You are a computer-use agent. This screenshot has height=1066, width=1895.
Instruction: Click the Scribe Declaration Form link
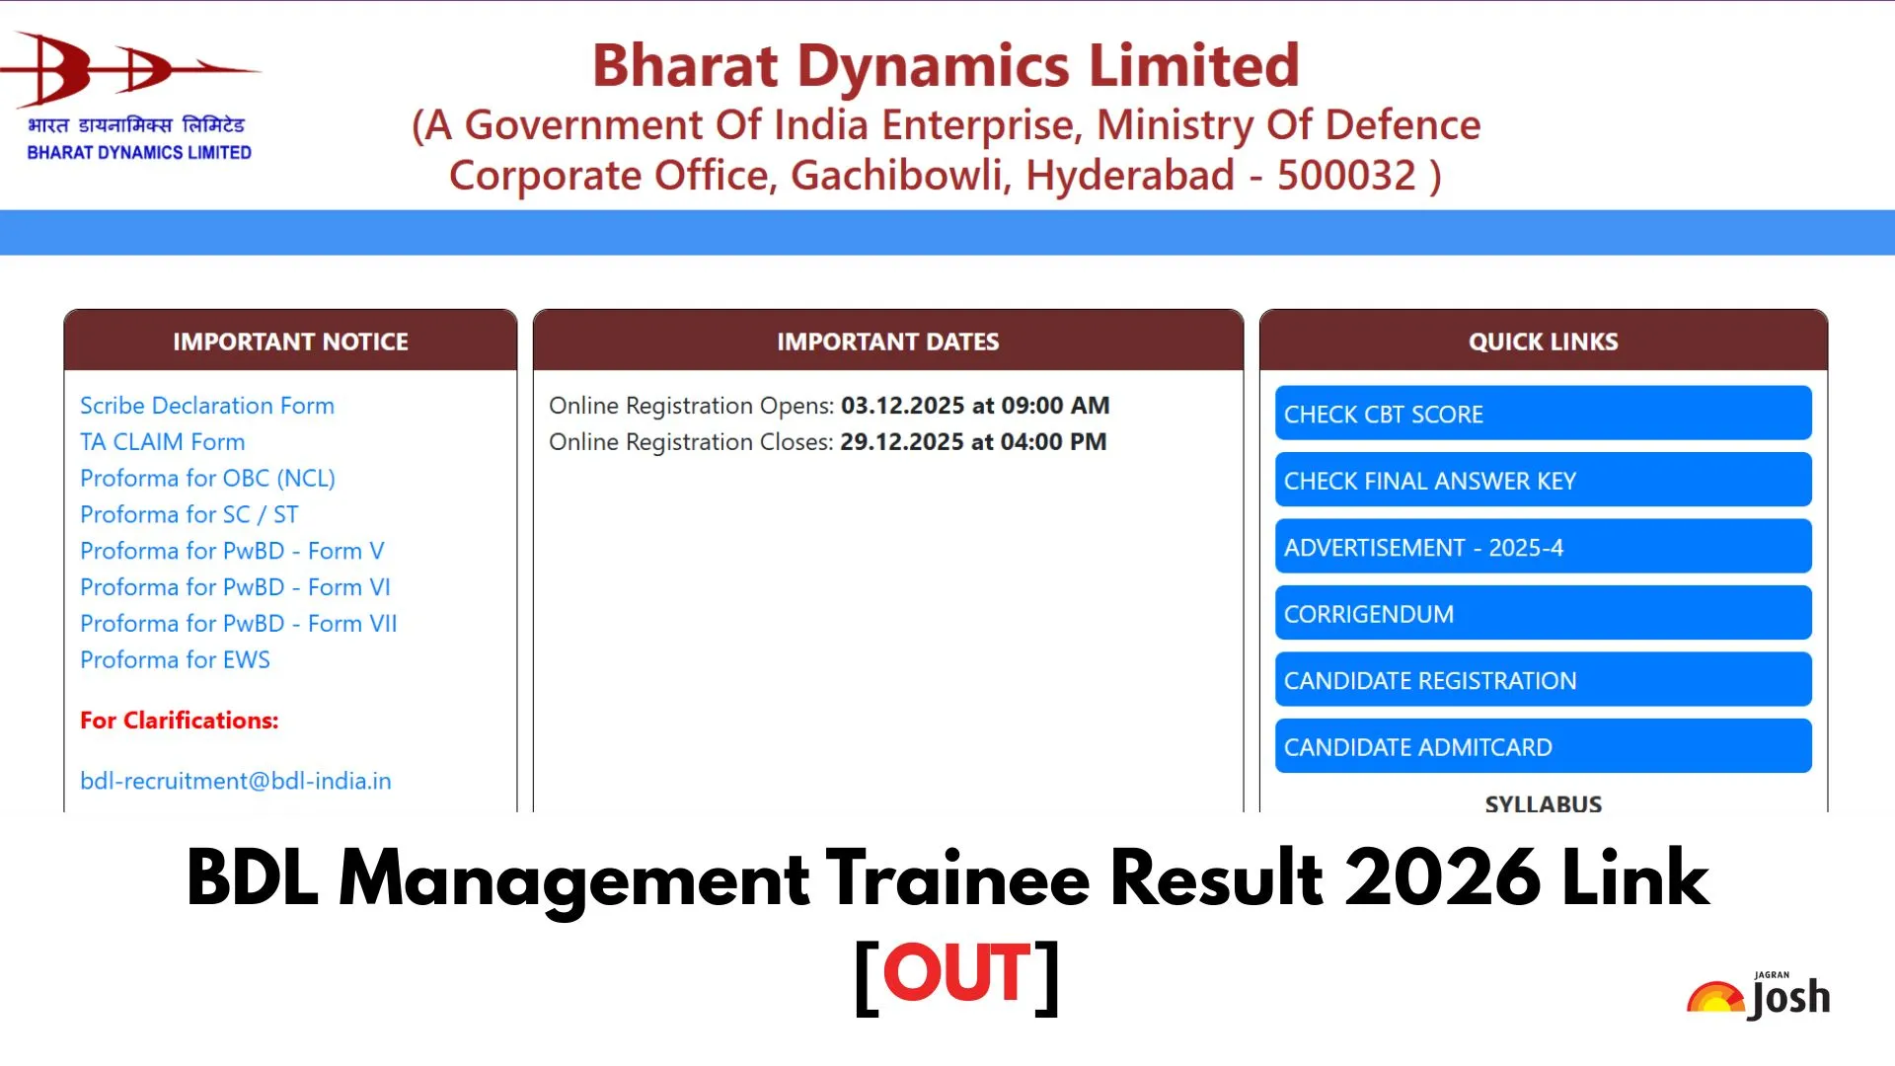coord(207,406)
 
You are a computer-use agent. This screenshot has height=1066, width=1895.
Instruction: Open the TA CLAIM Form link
coord(163,442)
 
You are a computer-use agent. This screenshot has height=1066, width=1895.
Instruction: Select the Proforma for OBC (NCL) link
coord(208,479)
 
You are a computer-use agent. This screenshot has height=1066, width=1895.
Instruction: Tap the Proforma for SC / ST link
coord(189,515)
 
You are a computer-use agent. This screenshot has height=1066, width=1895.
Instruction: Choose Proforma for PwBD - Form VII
coord(239,624)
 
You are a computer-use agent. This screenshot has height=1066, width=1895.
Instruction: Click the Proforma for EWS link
coord(176,660)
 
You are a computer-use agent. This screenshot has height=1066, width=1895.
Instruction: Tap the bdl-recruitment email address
coord(236,781)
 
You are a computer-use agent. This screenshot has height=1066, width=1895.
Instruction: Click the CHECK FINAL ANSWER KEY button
coord(1543,481)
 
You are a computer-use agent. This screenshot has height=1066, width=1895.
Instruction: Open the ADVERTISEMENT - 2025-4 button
coord(1543,547)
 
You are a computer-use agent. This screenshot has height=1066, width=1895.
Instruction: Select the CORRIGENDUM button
coord(1543,614)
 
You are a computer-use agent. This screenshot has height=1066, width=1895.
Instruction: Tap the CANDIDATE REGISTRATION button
coord(1543,680)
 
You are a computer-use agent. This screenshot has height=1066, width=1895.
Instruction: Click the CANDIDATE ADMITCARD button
coord(1543,747)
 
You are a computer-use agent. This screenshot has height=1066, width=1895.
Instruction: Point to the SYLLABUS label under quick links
coord(1544,803)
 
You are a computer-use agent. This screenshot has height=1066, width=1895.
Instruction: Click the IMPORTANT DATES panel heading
coord(888,342)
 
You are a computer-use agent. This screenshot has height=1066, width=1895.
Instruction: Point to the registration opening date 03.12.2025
coord(903,406)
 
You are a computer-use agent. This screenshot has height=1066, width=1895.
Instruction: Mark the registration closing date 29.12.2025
coord(902,442)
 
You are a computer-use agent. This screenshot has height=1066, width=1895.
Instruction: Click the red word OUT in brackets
coord(956,973)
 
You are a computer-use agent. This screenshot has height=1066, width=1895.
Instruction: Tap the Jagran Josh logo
coord(1759,997)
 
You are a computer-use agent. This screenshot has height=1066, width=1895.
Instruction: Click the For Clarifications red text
coord(180,721)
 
